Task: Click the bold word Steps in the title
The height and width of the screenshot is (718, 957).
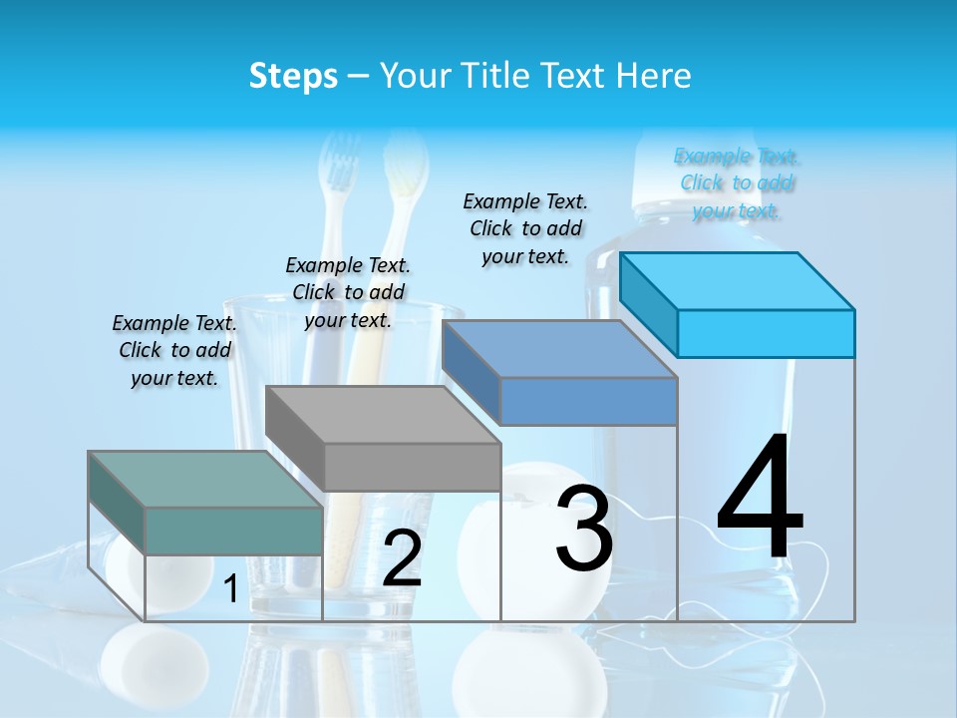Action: coord(293,76)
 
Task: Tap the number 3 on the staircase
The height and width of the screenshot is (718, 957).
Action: coord(584,529)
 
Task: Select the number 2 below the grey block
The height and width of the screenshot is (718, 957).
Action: coord(402,558)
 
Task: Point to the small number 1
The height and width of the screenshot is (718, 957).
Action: coord(231,589)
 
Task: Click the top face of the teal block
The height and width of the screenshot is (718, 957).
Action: coord(204,480)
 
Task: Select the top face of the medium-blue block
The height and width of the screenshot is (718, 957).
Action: coord(558,349)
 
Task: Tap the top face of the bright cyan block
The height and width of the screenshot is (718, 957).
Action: coord(736,281)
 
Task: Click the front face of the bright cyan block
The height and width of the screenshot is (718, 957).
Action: coord(766,333)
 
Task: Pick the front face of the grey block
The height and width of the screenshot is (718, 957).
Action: coord(412,467)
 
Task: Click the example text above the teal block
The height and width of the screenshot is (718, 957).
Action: coord(174,350)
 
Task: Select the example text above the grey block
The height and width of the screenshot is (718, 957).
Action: coord(348,292)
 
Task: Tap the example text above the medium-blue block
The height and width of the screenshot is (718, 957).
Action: coord(525,228)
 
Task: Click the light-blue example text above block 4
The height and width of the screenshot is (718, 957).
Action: coord(737,183)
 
